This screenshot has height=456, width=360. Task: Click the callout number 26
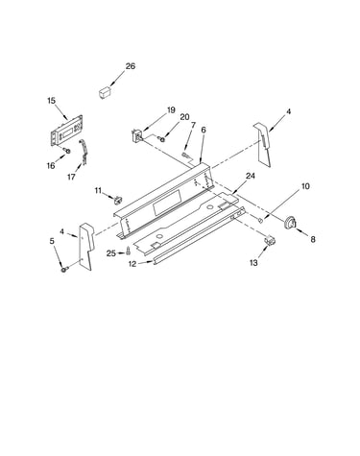pos(131,66)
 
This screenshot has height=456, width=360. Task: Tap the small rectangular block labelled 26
pos(105,91)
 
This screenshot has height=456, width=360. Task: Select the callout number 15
pos(51,101)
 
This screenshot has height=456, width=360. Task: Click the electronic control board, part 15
pos(66,131)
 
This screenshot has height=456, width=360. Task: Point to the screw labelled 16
pos(66,150)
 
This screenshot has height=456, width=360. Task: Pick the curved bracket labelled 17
pos(84,152)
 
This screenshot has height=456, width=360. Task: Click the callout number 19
pos(171,110)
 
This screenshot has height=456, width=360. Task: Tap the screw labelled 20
pos(161,138)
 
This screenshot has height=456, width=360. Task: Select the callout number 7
pos(193,125)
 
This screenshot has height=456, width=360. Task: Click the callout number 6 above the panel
pos(204,130)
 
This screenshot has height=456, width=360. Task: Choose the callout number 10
pos(305,186)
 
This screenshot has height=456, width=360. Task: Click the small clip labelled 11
pos(118,200)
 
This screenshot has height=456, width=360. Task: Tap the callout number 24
pos(251,176)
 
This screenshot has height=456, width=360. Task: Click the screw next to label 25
pos(129,251)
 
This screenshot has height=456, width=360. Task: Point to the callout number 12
pos(132,264)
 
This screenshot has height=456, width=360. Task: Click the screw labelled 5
pos(63,270)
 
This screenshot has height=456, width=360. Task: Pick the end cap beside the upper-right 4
pos(264,144)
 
